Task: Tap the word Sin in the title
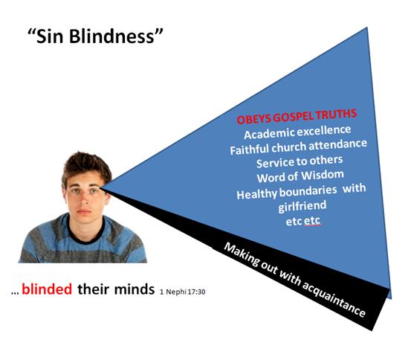pyautogui.click(x=50, y=36)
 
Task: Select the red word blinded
pyautogui.click(x=47, y=289)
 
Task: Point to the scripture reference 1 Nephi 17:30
pyautogui.click(x=182, y=292)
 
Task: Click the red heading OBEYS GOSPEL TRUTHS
pyautogui.click(x=297, y=116)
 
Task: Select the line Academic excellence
pyautogui.click(x=297, y=132)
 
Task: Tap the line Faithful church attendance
pyautogui.click(x=298, y=147)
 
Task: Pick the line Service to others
pyautogui.click(x=300, y=161)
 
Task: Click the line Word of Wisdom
pyautogui.click(x=300, y=176)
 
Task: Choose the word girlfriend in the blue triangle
pyautogui.click(x=302, y=206)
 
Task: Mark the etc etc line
pyautogui.click(x=303, y=221)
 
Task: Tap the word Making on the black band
pyautogui.click(x=242, y=254)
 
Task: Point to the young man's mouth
pyautogui.click(x=84, y=211)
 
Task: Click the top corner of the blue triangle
pyautogui.click(x=366, y=27)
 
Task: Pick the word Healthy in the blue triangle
pyautogui.click(x=256, y=194)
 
